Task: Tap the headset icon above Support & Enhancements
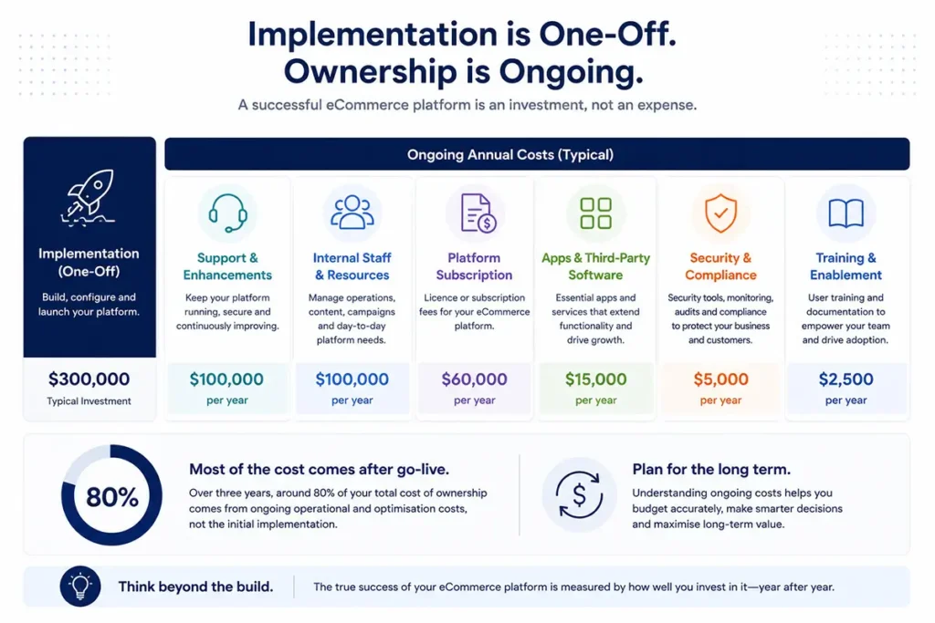point(227,213)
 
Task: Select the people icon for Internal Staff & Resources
point(352,212)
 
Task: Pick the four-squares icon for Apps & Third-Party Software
point(595,213)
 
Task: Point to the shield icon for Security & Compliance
point(720,213)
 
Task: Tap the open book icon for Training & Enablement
point(846,213)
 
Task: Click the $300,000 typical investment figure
point(89,379)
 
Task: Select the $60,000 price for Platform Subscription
point(474,379)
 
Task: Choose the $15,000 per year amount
point(595,379)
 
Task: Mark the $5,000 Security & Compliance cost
point(720,379)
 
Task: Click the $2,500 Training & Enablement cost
point(846,379)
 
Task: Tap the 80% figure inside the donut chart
point(112,497)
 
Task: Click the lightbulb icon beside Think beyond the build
point(80,587)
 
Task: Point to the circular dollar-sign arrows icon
point(578,494)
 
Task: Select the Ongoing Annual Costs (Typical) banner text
point(510,155)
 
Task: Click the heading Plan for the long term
point(711,470)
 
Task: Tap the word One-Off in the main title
point(607,34)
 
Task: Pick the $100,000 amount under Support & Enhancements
point(226,379)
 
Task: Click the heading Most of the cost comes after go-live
point(319,470)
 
